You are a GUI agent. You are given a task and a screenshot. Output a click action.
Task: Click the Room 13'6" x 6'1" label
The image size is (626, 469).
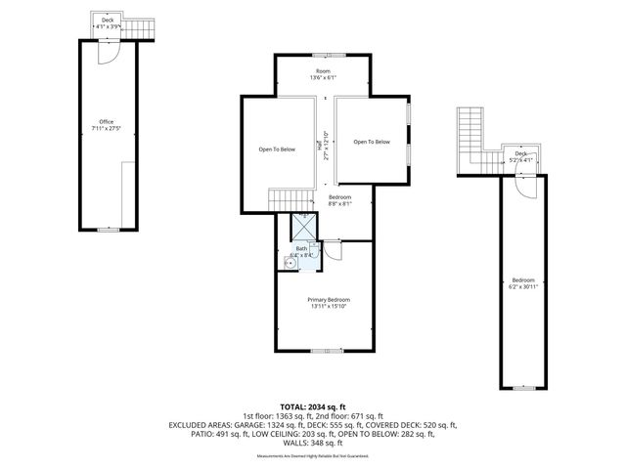point(322,73)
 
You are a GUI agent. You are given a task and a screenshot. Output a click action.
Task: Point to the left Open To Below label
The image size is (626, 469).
point(277,149)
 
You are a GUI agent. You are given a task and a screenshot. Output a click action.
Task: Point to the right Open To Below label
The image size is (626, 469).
point(372,143)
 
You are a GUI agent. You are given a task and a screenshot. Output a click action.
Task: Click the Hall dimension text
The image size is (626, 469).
point(323,147)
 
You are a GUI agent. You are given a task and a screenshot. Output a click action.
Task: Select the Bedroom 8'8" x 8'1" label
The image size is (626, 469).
point(337,200)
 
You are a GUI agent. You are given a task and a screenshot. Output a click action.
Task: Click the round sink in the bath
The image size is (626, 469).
point(291,263)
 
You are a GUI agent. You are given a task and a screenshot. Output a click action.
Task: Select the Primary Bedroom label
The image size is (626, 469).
point(328,302)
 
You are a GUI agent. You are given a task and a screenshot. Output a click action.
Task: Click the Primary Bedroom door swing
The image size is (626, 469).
point(333,251)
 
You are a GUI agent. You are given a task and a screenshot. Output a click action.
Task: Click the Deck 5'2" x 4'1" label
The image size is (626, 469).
point(521,155)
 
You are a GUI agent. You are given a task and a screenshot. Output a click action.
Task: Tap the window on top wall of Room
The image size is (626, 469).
point(322,55)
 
